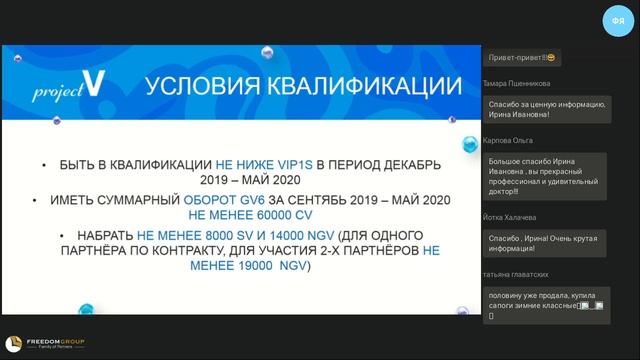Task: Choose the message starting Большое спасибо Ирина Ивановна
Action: pyautogui.click(x=544, y=176)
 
